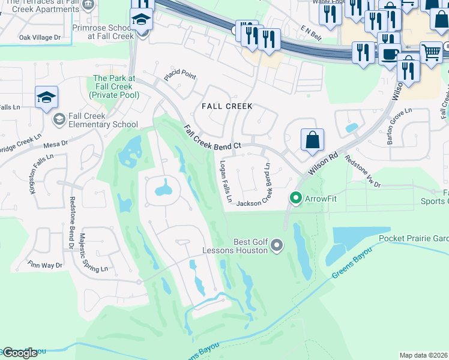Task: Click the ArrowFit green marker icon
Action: (x=295, y=197)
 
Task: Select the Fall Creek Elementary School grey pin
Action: (x=59, y=119)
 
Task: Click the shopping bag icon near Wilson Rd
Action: (x=312, y=140)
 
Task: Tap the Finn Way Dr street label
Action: (x=45, y=265)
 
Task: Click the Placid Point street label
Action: (x=180, y=76)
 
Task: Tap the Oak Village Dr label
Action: (x=40, y=37)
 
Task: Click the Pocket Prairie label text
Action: (x=414, y=238)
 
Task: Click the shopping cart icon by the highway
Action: (x=432, y=54)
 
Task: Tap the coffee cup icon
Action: (x=389, y=55)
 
